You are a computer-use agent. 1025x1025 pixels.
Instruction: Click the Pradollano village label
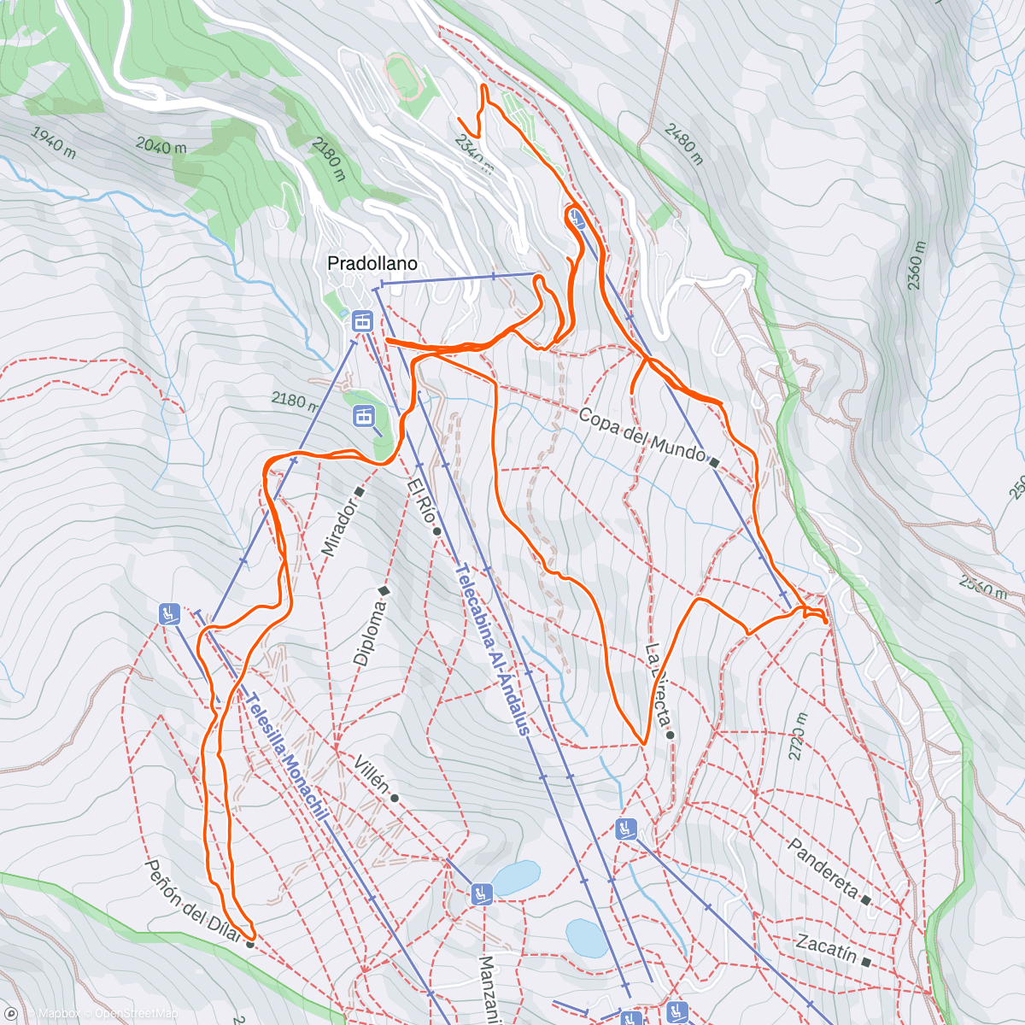[372, 264]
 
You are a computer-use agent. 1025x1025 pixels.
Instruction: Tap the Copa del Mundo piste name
[641, 433]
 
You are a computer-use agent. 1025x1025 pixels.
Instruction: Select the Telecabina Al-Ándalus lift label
[494, 650]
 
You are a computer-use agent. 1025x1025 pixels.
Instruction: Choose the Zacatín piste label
[826, 948]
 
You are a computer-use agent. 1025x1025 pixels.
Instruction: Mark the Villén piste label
[372, 776]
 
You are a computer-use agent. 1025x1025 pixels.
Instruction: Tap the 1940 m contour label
[53, 143]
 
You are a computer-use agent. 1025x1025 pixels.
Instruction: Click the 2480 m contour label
[682, 142]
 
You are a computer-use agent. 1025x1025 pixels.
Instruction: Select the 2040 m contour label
[161, 146]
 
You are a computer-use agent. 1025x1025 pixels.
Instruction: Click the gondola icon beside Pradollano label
[362, 321]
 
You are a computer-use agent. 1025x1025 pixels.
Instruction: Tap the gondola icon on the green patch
[364, 416]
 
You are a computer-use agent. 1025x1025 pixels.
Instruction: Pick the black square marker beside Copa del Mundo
[714, 462]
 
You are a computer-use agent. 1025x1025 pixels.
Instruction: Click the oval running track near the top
[403, 74]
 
